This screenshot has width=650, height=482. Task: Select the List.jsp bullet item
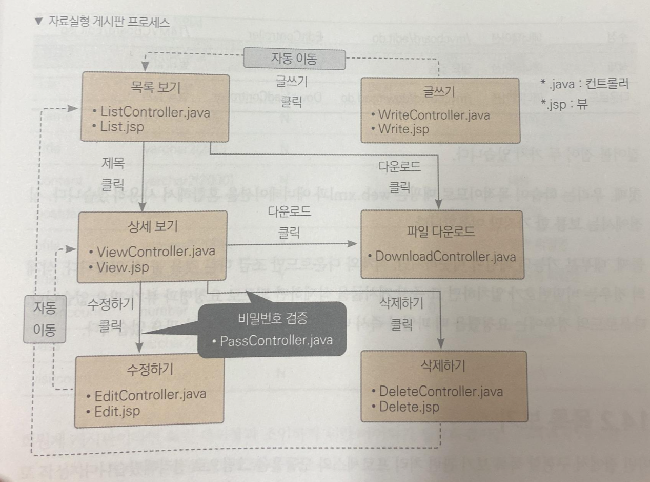[x=121, y=127]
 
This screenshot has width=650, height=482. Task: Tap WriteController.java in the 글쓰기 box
[x=434, y=114]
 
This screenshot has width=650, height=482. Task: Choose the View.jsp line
[x=123, y=267]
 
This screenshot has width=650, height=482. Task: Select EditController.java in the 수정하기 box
[x=151, y=395]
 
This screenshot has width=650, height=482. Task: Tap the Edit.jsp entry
[x=117, y=411]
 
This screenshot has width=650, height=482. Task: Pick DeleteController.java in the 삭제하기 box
[x=441, y=392]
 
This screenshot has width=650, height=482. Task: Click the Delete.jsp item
[x=409, y=408]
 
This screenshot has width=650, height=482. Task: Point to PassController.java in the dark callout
[x=276, y=340]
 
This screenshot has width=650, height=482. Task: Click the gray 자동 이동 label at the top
[x=294, y=59]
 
